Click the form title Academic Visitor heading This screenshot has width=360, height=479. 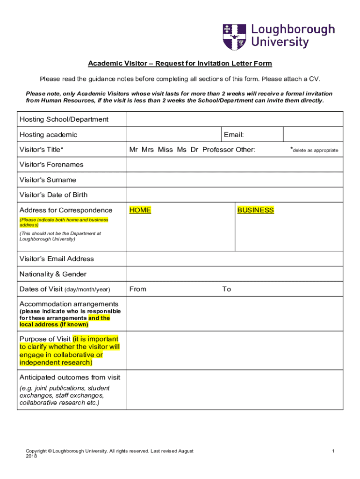(180, 64)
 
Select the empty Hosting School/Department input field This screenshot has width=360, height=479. (234, 119)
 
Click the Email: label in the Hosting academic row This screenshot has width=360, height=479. (234, 135)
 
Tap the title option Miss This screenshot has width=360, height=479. (165, 150)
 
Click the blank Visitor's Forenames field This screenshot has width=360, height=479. (234, 165)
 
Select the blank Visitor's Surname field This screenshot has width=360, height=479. (234, 180)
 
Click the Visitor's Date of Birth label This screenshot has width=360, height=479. (53, 195)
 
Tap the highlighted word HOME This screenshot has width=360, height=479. (140, 210)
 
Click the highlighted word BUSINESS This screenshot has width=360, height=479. (255, 210)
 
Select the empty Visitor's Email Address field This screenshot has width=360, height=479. (234, 259)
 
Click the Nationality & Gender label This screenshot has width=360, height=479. (53, 274)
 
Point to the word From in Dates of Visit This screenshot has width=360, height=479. (138, 289)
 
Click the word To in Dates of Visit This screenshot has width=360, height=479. (227, 289)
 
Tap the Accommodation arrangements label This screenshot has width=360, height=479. (69, 304)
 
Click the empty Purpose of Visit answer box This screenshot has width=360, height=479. (234, 350)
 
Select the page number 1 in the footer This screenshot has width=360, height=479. (333, 451)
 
